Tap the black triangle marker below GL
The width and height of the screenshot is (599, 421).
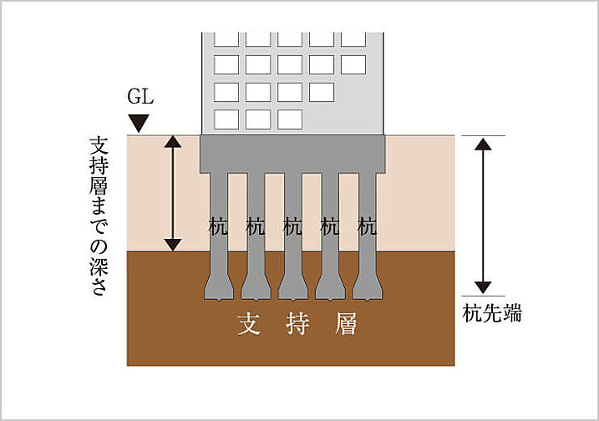pos(140,124)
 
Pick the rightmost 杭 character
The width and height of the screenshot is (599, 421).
pos(367,226)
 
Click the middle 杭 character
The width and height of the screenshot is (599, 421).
pos(292,226)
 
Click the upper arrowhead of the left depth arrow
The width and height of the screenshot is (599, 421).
pos(172,141)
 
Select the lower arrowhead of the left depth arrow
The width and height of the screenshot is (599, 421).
pos(172,244)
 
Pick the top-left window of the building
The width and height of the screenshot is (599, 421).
pos(226,38)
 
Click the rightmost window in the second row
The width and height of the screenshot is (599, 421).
pos(353,64)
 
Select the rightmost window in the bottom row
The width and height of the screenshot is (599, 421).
pos(289,119)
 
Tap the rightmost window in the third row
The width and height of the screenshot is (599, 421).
pos(321,92)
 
